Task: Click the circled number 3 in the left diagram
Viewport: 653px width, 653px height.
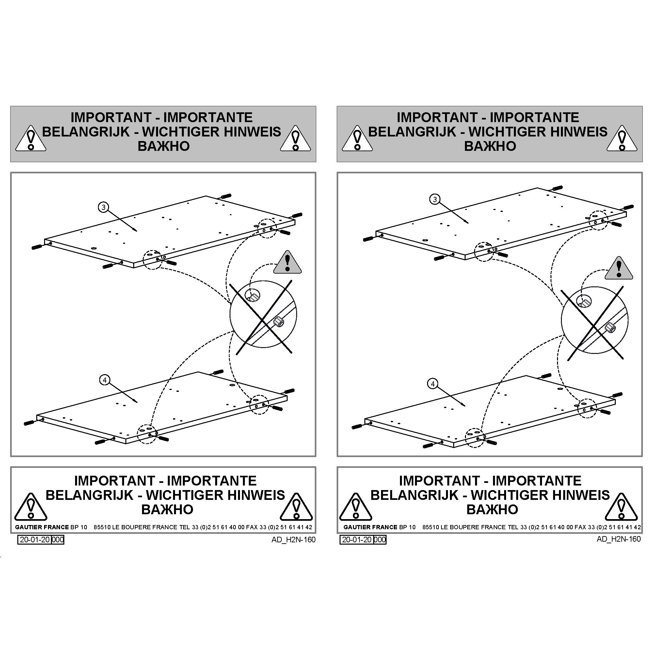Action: tap(104, 207)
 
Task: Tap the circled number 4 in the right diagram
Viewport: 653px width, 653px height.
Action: tap(433, 384)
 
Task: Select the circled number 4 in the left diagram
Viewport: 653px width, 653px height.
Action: tap(105, 380)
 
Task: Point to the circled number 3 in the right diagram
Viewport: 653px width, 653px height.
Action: tap(435, 199)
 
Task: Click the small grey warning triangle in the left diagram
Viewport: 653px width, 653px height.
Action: tap(288, 262)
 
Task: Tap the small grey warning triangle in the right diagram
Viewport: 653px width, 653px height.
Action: tap(619, 268)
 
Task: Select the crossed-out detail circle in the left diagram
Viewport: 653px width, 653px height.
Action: tap(263, 314)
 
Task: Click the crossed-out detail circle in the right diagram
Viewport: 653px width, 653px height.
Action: tap(595, 320)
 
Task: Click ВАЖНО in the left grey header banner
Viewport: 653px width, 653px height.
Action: tap(164, 146)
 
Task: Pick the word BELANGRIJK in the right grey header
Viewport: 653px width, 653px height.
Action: tap(412, 132)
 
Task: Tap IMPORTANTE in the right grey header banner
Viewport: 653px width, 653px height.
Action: tap(534, 117)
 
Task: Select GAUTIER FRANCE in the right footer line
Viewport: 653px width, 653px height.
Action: tap(371, 527)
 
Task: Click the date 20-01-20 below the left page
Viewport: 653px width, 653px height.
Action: tap(35, 539)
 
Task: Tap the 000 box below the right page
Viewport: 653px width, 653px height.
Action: tap(380, 539)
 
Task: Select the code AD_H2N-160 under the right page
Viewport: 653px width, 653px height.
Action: tap(618, 539)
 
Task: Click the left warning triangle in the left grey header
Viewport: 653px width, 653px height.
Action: tap(31, 138)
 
